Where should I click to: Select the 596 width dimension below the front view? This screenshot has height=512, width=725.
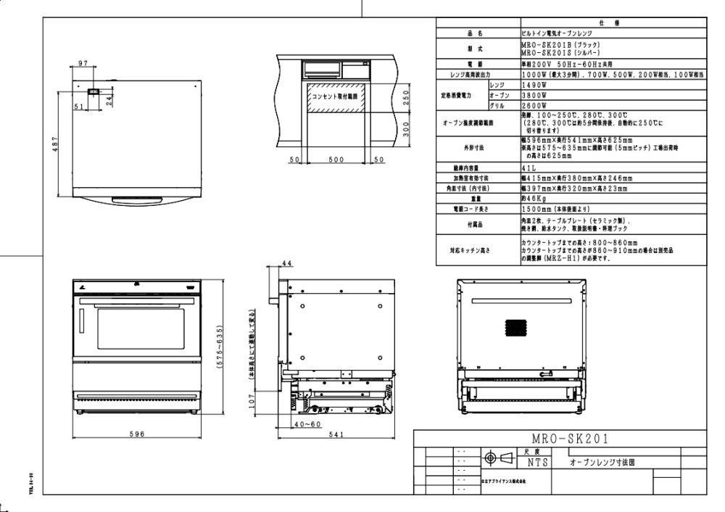[x=138, y=434]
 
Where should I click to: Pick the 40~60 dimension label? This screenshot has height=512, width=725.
[x=308, y=424]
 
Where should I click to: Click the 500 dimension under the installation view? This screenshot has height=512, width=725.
[x=335, y=160]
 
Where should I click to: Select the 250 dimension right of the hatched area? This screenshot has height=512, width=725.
[x=407, y=96]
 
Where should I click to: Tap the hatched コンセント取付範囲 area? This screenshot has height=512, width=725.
[x=336, y=97]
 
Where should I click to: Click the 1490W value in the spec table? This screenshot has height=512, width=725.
[x=534, y=85]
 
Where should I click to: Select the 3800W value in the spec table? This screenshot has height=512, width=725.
[x=534, y=95]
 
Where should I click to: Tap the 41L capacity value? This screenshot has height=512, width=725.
[x=528, y=168]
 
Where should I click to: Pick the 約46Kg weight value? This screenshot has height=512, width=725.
[x=532, y=198]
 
